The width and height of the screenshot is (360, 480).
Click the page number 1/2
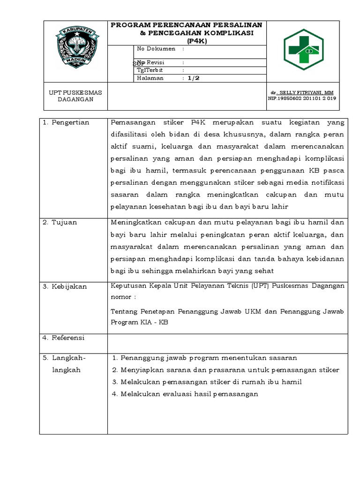pyautogui.click(x=194, y=78)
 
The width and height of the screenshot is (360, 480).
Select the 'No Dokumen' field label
pyautogui.click(x=156, y=49)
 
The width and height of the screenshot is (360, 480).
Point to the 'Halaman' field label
pyautogui.click(x=150, y=78)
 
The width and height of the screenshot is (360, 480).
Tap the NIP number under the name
pyautogui.click(x=301, y=98)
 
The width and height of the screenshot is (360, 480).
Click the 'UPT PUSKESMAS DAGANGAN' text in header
pyautogui.click(x=75, y=96)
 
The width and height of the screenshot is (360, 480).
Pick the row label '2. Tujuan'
pyautogui.click(x=60, y=223)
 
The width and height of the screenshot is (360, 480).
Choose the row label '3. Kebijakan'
pyautogui.click(x=65, y=286)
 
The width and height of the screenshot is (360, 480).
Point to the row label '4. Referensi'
pyautogui.click(x=64, y=337)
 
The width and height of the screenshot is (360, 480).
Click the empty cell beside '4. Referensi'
pyautogui.click(x=227, y=343)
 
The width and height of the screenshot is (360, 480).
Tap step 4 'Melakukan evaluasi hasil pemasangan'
pyautogui.click(x=185, y=394)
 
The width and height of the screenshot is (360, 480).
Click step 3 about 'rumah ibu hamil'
pyautogui.click(x=207, y=382)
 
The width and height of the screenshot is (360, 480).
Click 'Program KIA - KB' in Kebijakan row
pyautogui.click(x=139, y=322)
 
